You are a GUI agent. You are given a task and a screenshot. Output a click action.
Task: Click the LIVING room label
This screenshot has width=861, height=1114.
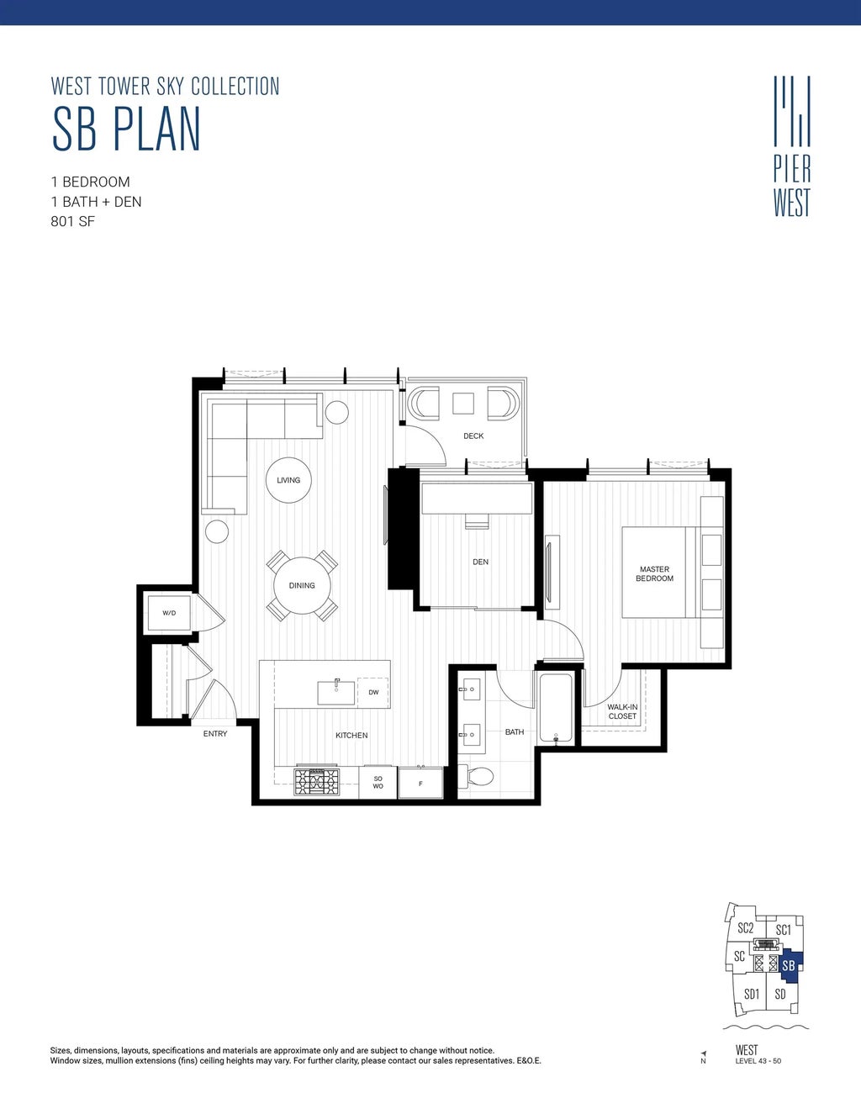pyautogui.click(x=288, y=480)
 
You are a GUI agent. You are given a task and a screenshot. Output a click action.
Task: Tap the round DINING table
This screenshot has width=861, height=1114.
pyautogui.click(x=302, y=586)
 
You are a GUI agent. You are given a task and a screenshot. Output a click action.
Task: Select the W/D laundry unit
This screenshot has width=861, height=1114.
pyautogui.click(x=169, y=613)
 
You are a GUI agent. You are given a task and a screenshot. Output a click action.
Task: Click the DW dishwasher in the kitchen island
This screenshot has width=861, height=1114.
pyautogui.click(x=372, y=692)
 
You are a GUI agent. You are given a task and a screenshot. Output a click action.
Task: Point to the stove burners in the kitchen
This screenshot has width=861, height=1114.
pyautogui.click(x=316, y=783)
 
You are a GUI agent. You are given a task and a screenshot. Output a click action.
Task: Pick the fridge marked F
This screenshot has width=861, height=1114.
pyautogui.click(x=420, y=783)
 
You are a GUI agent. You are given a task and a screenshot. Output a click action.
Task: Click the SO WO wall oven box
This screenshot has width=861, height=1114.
pyautogui.click(x=378, y=783)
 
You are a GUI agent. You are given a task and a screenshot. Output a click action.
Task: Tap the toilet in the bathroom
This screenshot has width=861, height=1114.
pyautogui.click(x=480, y=776)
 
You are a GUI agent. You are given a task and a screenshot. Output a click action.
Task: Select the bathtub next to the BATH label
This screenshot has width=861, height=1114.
pyautogui.click(x=556, y=707)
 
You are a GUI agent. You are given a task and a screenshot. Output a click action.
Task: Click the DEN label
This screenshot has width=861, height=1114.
pyautogui.click(x=480, y=562)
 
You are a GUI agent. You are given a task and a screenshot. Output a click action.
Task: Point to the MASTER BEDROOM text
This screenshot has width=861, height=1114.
pyautogui.click(x=654, y=574)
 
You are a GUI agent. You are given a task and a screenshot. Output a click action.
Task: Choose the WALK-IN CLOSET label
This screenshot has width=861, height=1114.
pyautogui.click(x=622, y=712)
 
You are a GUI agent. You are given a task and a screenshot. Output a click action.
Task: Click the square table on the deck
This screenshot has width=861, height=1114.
pyautogui.click(x=463, y=404)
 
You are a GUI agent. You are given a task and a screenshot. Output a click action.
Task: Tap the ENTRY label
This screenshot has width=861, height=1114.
pyautogui.click(x=215, y=734)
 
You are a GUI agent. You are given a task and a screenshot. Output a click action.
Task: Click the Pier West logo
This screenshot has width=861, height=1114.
pyautogui.click(x=792, y=147)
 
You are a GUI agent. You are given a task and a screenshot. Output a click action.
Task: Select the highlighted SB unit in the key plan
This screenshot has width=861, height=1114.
pyautogui.click(x=789, y=966)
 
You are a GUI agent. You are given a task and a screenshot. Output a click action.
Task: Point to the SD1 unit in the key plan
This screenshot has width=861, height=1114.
pyautogui.click(x=752, y=994)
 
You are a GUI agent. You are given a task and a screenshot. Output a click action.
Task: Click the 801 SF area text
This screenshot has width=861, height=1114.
pyautogui.click(x=73, y=222)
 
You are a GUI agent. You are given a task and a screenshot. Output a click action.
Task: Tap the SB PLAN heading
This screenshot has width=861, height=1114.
pyautogui.click(x=126, y=129)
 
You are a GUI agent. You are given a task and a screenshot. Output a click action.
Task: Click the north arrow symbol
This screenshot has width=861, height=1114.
pyautogui.click(x=703, y=1053)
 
